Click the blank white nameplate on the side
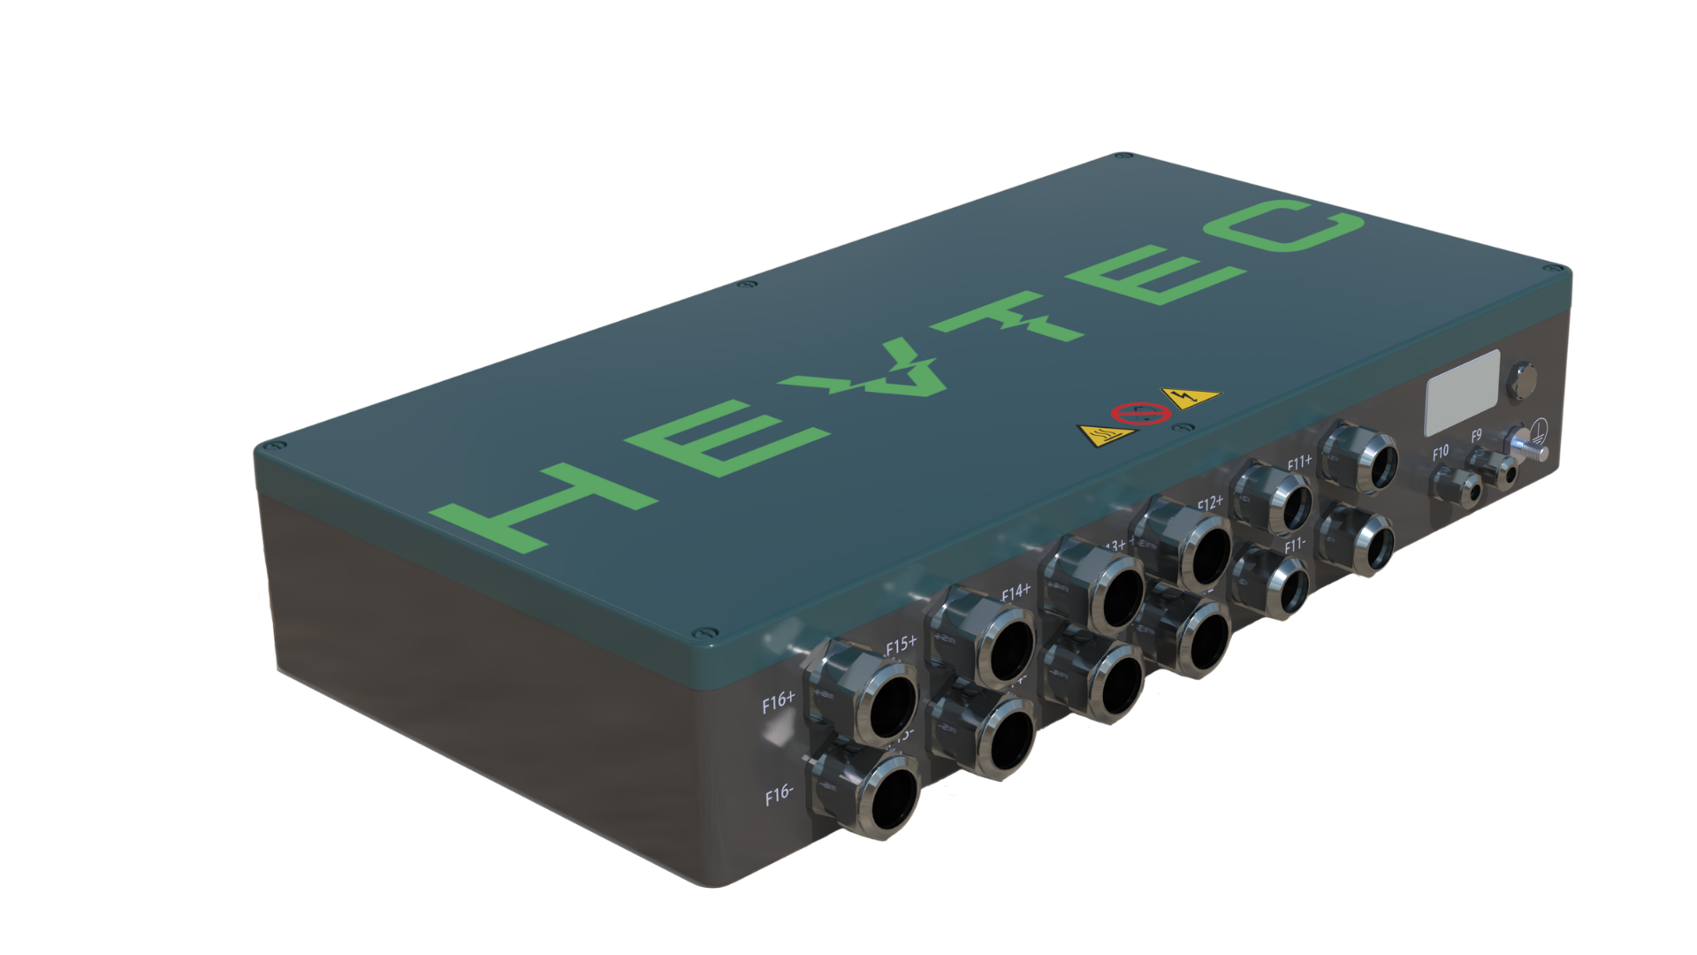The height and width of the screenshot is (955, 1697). pos(1463,393)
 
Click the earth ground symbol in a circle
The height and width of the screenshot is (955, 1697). pos(1544,432)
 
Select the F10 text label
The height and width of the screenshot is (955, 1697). pos(1440,453)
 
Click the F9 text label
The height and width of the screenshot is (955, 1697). pos(1476,437)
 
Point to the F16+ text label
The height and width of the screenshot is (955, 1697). pos(779,703)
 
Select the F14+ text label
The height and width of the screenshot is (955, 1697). pos(1016,592)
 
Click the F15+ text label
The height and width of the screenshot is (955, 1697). pos(901,646)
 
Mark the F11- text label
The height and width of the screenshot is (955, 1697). pos(1295,546)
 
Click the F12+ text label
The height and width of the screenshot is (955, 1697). pos(1210,504)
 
